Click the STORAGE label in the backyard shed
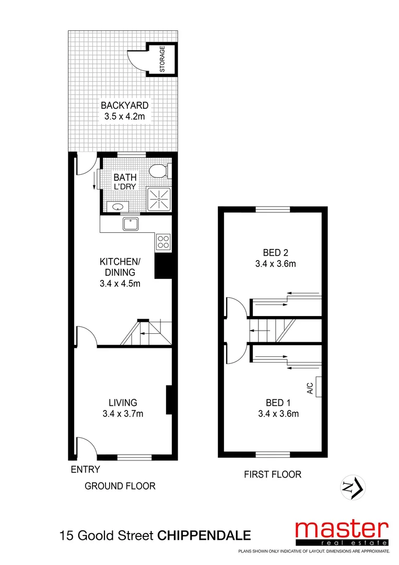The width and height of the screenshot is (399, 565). click(162, 59)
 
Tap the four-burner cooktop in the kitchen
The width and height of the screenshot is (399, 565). click(163, 241)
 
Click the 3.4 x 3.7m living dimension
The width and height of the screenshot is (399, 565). click(123, 414)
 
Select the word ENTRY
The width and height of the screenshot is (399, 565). click(85, 469)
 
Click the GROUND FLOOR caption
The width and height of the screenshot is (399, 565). click(120, 486)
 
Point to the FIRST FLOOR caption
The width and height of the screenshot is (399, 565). click(273, 474)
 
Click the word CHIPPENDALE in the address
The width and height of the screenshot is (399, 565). click(204, 536)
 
